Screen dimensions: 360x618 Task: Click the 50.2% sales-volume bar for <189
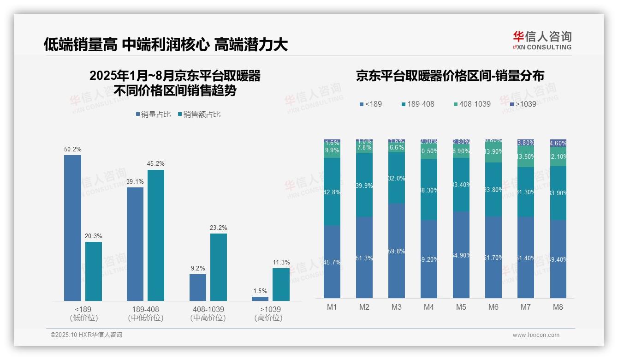click(72, 228)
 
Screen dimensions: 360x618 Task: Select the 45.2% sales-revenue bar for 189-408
click(156, 235)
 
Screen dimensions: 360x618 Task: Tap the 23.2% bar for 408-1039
click(219, 267)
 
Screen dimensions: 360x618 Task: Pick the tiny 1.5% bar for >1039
click(260, 299)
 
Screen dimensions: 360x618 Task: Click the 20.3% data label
click(93, 236)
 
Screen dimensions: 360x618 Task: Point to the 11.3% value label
click(281, 262)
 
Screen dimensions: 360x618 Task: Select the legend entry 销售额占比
click(199, 114)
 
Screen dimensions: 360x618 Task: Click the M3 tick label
click(397, 307)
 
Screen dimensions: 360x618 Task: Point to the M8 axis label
click(558, 307)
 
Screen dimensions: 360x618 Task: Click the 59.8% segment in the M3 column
click(397, 251)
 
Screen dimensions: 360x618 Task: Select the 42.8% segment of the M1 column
click(332, 192)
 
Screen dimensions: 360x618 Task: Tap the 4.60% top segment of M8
click(558, 143)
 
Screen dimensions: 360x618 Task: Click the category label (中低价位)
click(146, 318)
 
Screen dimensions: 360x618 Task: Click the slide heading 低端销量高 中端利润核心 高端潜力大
click(166, 44)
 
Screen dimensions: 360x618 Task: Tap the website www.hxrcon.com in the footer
click(536, 335)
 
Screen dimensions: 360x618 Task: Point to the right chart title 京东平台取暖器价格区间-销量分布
click(450, 76)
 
